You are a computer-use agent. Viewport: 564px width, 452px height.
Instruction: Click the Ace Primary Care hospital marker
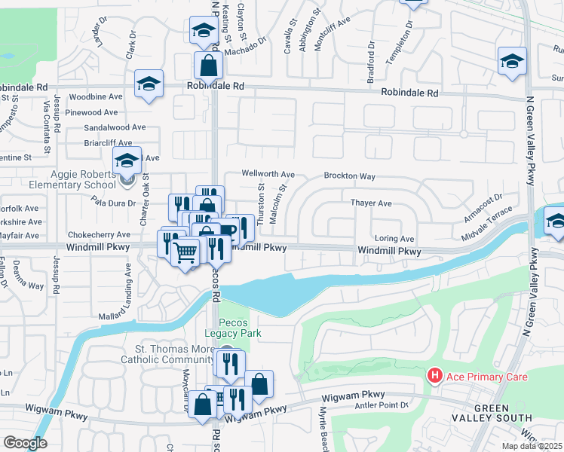(x=434, y=375)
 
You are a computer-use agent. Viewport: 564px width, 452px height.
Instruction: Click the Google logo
(x=25, y=443)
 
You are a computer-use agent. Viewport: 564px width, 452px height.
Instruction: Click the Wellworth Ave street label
(x=268, y=173)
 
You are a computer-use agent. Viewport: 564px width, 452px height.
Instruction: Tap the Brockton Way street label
(x=350, y=176)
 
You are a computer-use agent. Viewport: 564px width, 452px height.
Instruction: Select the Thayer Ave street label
(x=371, y=203)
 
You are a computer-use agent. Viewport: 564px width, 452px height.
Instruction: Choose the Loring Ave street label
(x=395, y=238)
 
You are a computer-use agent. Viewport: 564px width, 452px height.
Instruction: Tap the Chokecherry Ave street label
(x=99, y=235)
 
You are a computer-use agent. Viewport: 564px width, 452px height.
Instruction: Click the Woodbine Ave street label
(x=95, y=97)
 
